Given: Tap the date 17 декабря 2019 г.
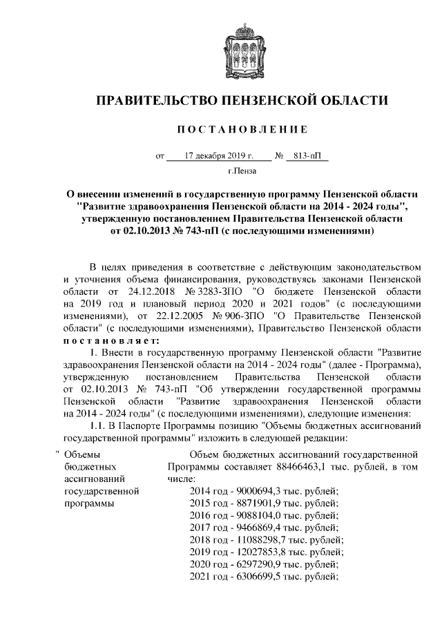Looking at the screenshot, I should [218, 156].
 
